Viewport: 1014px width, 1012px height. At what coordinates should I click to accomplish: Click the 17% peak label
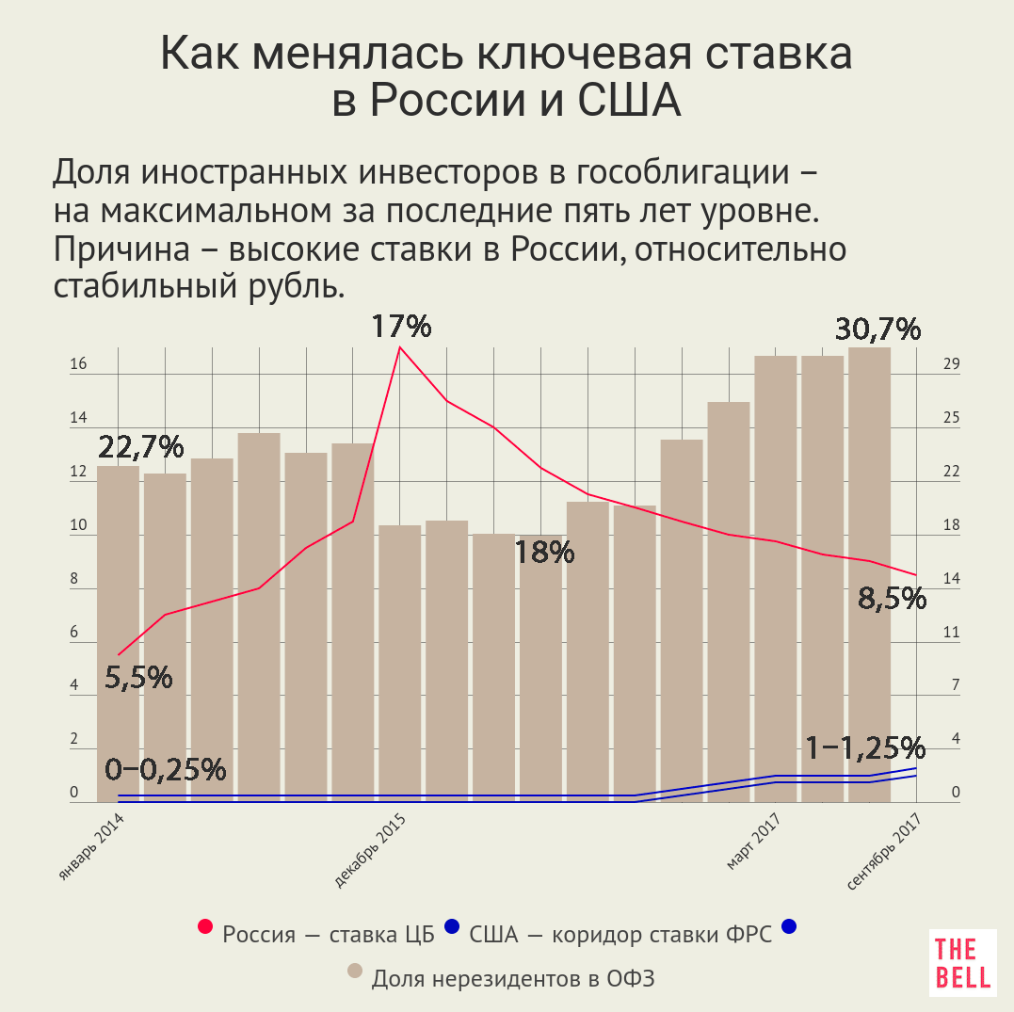400,327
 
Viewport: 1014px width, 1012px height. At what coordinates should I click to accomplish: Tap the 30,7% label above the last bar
877,329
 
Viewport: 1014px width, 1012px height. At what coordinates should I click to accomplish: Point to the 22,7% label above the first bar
140,447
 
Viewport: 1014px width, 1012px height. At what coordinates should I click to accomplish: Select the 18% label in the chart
544,553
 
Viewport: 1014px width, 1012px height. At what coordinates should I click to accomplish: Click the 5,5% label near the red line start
138,677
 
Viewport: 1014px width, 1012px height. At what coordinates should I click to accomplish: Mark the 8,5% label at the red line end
892,598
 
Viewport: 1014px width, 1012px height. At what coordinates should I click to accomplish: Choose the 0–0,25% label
166,769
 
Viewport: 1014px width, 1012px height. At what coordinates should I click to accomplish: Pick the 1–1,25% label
865,747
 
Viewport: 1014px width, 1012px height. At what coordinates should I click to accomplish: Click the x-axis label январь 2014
92,848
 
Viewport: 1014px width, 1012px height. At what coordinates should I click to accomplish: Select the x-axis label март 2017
758,843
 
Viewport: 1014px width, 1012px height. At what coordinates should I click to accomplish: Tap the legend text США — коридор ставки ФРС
620,935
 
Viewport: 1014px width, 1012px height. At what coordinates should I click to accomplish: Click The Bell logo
962,963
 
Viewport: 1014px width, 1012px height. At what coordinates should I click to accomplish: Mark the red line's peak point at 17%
400,347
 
